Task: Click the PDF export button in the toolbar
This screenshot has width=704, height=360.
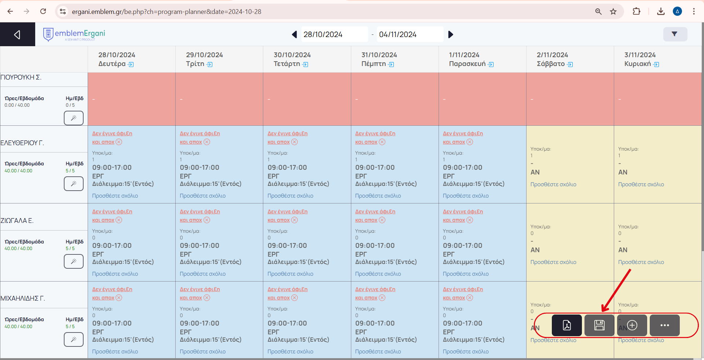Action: [x=566, y=325]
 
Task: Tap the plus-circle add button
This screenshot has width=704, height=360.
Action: [x=632, y=325]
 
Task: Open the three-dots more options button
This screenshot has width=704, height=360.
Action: [x=664, y=325]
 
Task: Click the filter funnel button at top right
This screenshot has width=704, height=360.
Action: [x=675, y=34]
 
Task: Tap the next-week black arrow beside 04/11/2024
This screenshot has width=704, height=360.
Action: [x=451, y=34]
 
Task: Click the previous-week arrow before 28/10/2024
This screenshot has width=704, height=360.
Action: [x=294, y=34]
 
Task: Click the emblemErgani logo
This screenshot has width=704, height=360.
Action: [x=74, y=34]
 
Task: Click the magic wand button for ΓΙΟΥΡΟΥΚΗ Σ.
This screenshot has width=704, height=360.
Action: [x=74, y=118]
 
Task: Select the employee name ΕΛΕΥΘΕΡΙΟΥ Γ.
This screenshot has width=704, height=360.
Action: [x=22, y=143]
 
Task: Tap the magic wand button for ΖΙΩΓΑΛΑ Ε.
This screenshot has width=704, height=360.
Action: [x=74, y=261]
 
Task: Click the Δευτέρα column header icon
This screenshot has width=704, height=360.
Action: [x=131, y=65]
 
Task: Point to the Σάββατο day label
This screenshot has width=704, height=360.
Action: [x=550, y=64]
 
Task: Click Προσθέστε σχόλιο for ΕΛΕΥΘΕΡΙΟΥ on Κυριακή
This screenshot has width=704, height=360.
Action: [x=641, y=184]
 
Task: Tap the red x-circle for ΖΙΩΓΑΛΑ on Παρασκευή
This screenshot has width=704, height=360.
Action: [x=470, y=220]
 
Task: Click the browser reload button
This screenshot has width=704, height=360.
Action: [x=43, y=11]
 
